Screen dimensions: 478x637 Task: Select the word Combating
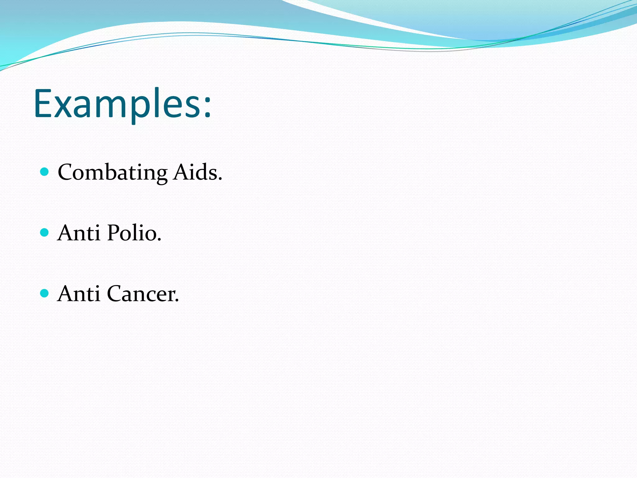point(112,172)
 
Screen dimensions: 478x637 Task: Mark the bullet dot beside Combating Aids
point(45,171)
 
